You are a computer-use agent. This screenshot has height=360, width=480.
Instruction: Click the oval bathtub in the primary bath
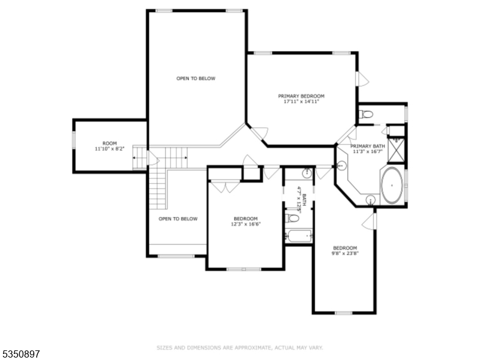pyautogui.click(x=392, y=185)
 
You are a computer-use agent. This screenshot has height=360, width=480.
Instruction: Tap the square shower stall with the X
pyautogui.click(x=396, y=149)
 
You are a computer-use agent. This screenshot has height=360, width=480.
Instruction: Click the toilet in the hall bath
pyautogui.click(x=293, y=218)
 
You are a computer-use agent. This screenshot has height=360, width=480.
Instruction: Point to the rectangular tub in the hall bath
pyautogui.click(x=298, y=236)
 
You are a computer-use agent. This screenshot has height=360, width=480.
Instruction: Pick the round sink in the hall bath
pyautogui.click(x=307, y=174)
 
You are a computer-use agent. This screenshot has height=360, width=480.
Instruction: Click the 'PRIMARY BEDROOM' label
pyautogui.click(x=301, y=96)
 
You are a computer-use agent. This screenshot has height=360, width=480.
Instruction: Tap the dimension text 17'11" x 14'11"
pyautogui.click(x=301, y=102)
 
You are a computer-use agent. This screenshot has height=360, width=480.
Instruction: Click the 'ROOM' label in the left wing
pyautogui.click(x=109, y=143)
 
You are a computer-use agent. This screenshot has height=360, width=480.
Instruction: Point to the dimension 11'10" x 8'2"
pyautogui.click(x=109, y=148)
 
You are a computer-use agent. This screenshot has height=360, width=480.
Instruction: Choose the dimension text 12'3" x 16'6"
pyautogui.click(x=245, y=224)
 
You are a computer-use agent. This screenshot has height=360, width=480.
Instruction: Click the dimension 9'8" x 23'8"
pyautogui.click(x=345, y=254)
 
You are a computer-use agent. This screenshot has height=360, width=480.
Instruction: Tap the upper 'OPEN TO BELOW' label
pyautogui.click(x=196, y=79)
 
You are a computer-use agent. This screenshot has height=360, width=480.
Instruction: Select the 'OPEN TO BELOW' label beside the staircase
pyautogui.click(x=178, y=219)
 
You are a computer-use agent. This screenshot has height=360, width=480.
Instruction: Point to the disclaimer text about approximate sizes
pyautogui.click(x=240, y=347)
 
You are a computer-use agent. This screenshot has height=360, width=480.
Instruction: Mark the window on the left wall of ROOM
pyautogui.click(x=74, y=139)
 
